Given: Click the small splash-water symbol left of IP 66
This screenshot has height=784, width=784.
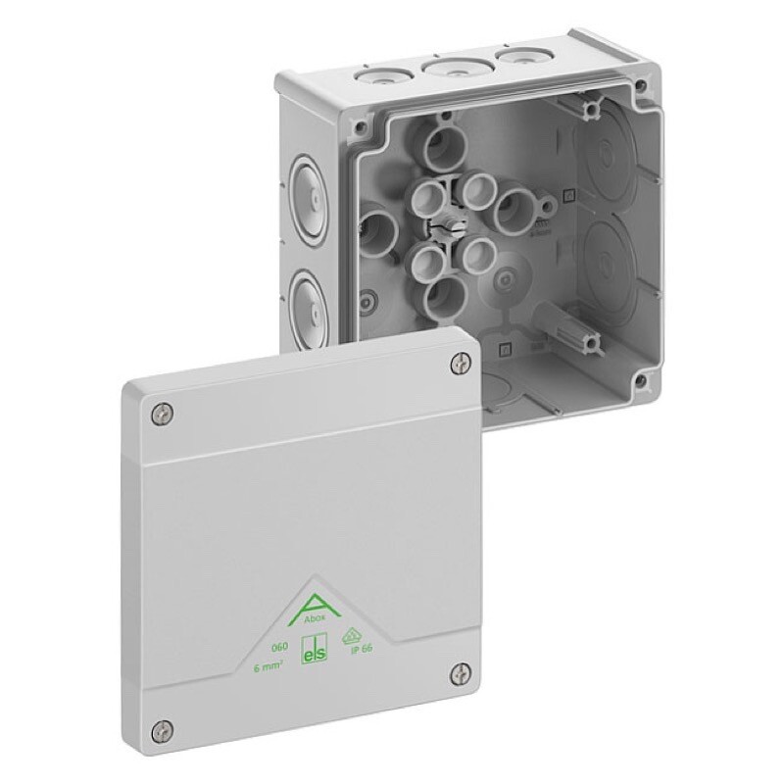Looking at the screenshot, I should click(348, 636).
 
